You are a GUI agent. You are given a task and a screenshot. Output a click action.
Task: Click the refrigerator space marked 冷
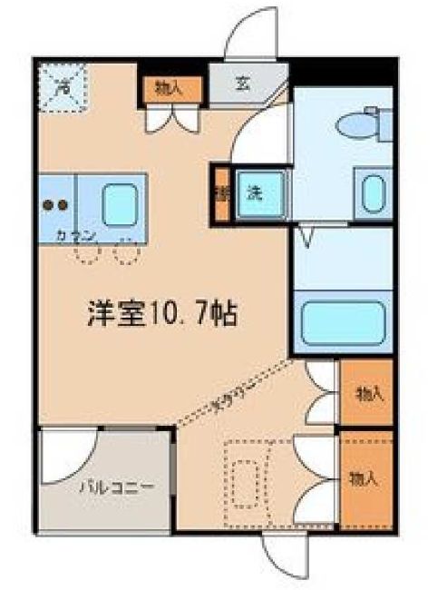click(x=63, y=87)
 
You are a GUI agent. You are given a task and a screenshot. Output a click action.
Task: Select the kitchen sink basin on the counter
click(x=119, y=206)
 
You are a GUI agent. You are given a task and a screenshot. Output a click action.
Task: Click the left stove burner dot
click(x=50, y=204)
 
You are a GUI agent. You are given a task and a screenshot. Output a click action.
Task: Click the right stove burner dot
click(x=63, y=204)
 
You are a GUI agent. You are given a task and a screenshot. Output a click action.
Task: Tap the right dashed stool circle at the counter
click(x=127, y=251)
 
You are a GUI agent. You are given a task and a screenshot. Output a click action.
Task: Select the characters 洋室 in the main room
click(x=112, y=315)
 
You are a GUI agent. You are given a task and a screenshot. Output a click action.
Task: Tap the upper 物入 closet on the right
click(x=367, y=393)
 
